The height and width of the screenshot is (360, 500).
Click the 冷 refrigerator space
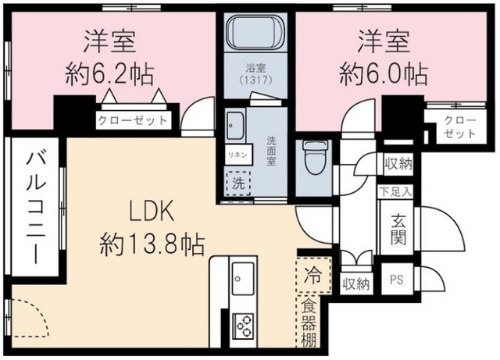[312, 276]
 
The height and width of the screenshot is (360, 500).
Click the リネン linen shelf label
[237, 154]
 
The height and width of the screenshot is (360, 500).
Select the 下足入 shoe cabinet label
[398, 191]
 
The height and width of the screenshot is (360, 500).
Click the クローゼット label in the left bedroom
[133, 120]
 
